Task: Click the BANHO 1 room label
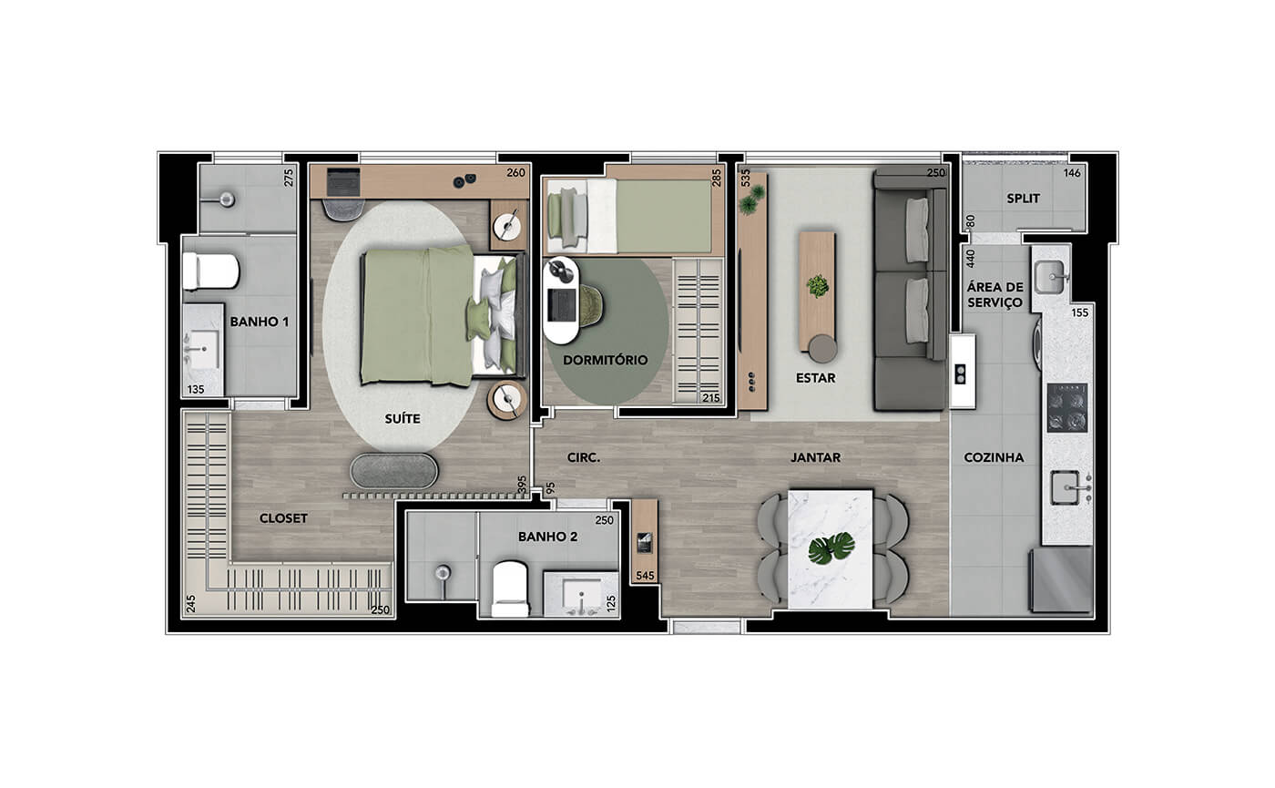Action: pyautogui.click(x=259, y=322)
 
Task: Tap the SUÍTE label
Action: pyautogui.click(x=403, y=418)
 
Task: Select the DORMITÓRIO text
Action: pyautogui.click(x=605, y=360)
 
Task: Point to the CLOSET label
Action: pyautogui.click(x=283, y=518)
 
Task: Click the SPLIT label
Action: pyautogui.click(x=1024, y=199)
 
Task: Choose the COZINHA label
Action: pyautogui.click(x=994, y=457)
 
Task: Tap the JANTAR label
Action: pyautogui.click(x=816, y=457)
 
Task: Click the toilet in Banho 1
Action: pyautogui.click(x=210, y=271)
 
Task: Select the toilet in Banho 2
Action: pyautogui.click(x=510, y=588)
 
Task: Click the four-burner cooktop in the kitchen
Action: pyautogui.click(x=1067, y=408)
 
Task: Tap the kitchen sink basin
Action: pyautogui.click(x=1065, y=487)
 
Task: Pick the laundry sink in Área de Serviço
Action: pyautogui.click(x=1050, y=277)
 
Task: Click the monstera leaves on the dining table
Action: pyautogui.click(x=831, y=548)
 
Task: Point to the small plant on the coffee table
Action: pyautogui.click(x=818, y=285)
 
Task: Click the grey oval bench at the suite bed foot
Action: pyautogui.click(x=393, y=471)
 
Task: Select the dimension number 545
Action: pyautogui.click(x=645, y=576)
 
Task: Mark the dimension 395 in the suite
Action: pyautogui.click(x=522, y=485)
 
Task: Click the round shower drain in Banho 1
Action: pyautogui.click(x=227, y=200)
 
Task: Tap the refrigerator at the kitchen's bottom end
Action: pyautogui.click(x=1061, y=579)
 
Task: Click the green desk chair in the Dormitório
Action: pyautogui.click(x=590, y=306)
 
